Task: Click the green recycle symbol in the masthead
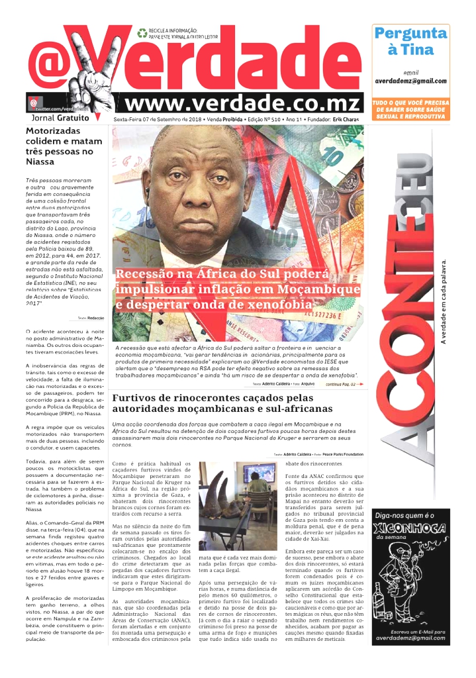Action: tap(142, 32)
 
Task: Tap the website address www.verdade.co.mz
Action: tap(244, 104)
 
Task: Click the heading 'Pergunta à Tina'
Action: tap(410, 41)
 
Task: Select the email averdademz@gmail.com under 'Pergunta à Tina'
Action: tap(410, 81)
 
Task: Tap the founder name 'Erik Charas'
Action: tap(346, 119)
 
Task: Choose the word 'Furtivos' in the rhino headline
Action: tap(138, 399)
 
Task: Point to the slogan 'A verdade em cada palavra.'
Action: tap(444, 301)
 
